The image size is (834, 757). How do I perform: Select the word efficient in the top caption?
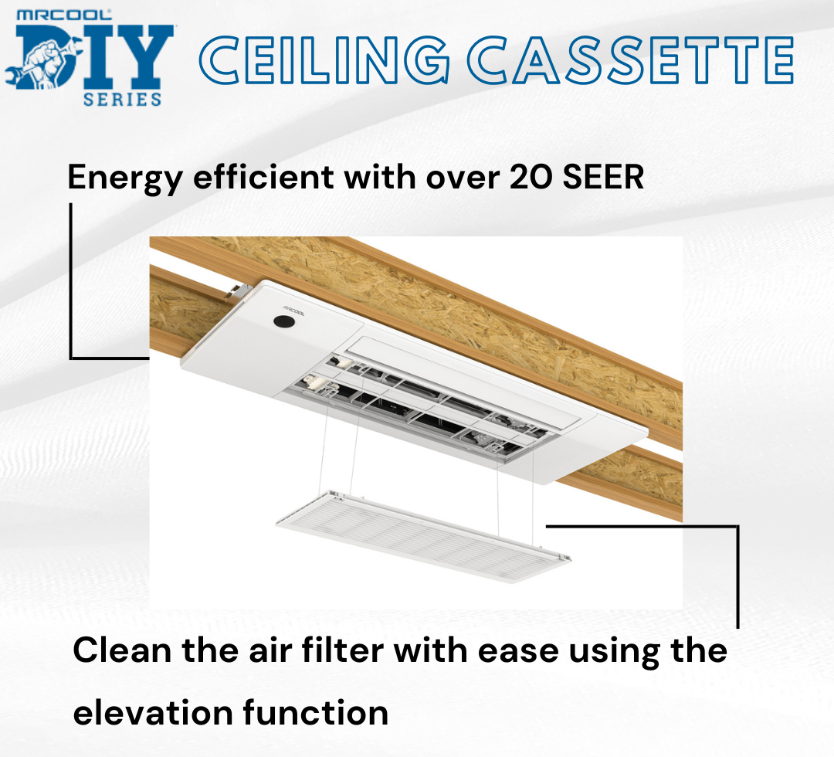click(263, 178)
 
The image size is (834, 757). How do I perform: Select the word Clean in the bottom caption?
click(121, 650)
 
